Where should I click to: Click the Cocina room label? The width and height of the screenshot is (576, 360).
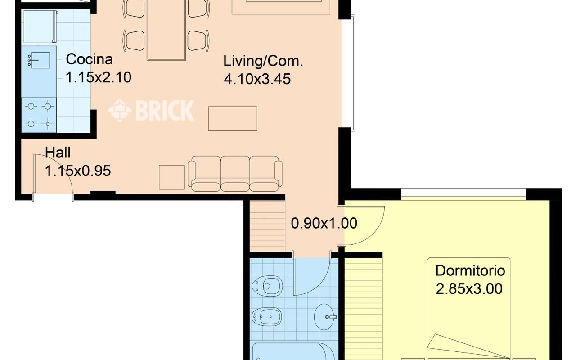89,59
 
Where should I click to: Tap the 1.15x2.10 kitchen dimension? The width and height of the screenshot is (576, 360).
99,77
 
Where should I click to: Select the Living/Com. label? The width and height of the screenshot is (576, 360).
263,62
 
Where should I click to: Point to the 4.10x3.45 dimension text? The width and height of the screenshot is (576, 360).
257,79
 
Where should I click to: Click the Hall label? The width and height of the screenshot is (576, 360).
58,153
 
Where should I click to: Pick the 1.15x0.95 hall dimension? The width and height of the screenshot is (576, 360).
78,171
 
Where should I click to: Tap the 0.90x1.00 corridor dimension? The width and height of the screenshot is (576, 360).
324,223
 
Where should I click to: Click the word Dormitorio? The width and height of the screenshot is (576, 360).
470,271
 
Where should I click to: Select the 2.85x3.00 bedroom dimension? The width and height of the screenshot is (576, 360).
469,288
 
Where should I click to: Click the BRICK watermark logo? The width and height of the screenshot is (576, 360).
151,110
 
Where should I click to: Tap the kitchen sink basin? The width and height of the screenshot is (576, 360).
40,60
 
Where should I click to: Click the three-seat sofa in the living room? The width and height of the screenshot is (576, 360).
235,174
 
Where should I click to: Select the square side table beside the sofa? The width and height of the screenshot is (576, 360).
172,177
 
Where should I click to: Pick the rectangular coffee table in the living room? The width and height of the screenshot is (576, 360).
233,119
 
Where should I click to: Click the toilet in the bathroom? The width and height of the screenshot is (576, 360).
267,286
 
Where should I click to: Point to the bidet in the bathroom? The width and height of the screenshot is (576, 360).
267,316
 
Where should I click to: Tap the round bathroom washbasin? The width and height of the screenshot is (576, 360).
324,317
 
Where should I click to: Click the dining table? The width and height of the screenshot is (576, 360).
166,30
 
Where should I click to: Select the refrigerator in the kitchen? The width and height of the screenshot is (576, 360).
40,27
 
